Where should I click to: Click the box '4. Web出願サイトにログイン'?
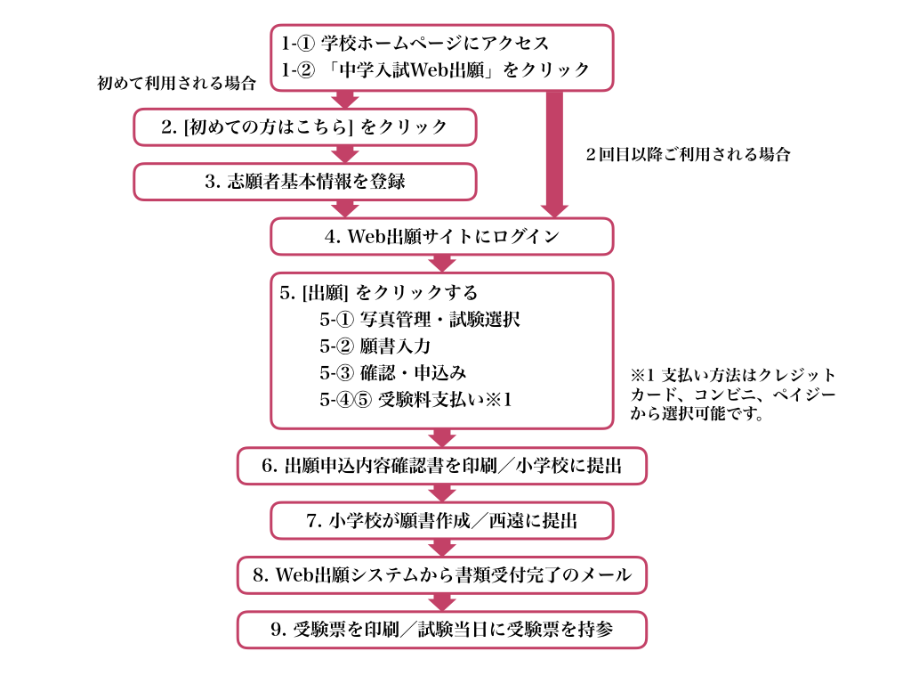click(442, 237)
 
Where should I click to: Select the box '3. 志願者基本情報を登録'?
click(305, 182)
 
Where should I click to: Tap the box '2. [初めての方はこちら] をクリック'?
click(305, 126)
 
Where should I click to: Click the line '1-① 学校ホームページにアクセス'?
click(415, 43)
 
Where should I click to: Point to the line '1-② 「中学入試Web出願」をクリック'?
click(435, 69)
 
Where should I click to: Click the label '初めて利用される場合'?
click(177, 83)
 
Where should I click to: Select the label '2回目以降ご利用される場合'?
click(688, 155)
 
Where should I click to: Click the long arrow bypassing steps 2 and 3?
click(554, 154)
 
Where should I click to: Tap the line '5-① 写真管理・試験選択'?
click(420, 320)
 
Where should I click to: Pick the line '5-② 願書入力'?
click(375, 346)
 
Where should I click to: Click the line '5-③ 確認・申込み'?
click(392, 373)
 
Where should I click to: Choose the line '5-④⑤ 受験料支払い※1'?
click(415, 400)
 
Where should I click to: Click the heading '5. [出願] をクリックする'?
click(378, 292)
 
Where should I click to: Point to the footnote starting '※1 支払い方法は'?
click(733, 395)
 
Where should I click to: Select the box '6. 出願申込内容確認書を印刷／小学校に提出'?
click(442, 466)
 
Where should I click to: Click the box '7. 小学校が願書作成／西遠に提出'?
click(442, 520)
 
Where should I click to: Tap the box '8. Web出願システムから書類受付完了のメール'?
click(442, 575)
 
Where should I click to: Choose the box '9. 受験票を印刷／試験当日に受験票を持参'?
click(442, 630)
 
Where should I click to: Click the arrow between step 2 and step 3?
click(346, 154)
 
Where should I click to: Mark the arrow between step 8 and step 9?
click(443, 603)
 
